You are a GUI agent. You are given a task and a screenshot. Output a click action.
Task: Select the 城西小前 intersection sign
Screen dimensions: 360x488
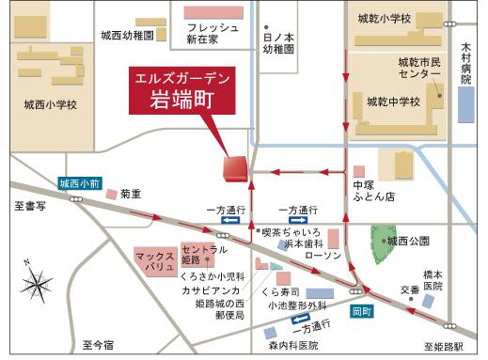pyautogui.click(x=80, y=184)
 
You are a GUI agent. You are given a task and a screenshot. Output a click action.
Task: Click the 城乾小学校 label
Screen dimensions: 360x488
pyautogui.click(x=385, y=19)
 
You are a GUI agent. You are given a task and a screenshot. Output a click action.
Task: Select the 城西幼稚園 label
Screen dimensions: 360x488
pyautogui.click(x=129, y=35)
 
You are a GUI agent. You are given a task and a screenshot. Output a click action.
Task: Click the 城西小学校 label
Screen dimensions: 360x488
pyautogui.click(x=50, y=104)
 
